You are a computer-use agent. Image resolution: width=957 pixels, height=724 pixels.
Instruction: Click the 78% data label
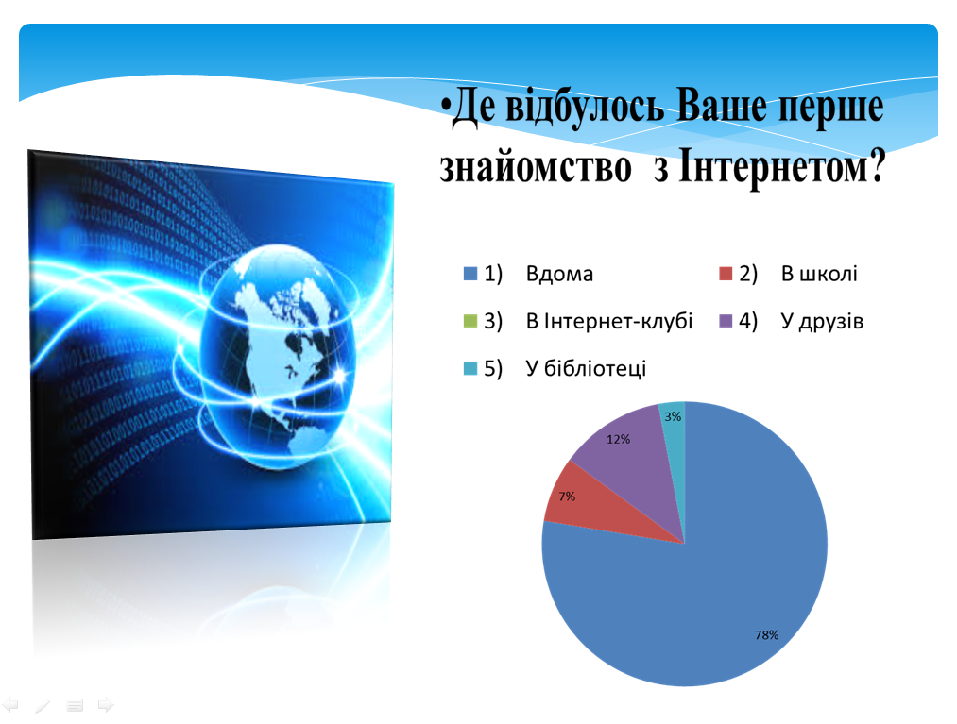766,635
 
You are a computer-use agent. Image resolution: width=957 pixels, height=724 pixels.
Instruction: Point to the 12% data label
618,439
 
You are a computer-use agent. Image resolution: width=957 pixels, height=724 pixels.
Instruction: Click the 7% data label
567,497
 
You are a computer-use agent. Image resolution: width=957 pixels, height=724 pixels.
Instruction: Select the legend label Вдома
559,274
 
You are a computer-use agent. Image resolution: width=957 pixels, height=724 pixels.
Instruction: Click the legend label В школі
819,274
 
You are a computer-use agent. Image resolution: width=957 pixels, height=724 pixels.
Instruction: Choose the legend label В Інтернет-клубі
609,321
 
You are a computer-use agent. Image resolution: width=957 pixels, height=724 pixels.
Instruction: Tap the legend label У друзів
822,322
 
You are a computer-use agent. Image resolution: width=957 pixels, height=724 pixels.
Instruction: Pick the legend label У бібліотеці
586,368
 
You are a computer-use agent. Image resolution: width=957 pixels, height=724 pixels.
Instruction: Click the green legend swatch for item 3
470,321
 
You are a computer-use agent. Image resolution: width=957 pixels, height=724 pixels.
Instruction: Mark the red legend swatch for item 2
726,273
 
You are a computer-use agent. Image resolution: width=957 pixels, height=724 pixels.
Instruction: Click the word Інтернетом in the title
782,166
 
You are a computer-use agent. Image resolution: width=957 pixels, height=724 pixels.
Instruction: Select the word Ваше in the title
723,106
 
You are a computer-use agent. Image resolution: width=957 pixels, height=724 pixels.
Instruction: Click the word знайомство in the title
536,167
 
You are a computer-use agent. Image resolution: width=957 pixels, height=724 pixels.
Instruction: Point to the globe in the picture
278,357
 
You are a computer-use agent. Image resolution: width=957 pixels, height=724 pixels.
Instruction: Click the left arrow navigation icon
11,705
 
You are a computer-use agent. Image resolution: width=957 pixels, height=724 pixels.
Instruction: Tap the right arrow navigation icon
106,705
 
